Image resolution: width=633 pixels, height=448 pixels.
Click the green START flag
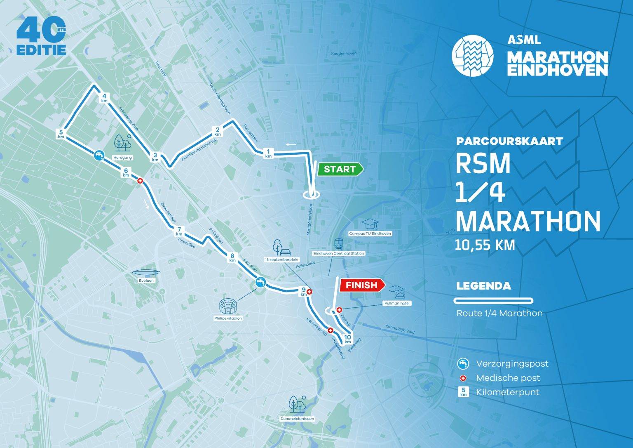(x=340, y=169)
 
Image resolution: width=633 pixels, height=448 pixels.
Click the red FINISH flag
(x=361, y=285)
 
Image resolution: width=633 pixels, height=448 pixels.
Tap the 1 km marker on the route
(x=269, y=153)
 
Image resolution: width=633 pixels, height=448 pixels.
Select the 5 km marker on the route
(x=61, y=134)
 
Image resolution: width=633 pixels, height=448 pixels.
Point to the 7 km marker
(x=179, y=231)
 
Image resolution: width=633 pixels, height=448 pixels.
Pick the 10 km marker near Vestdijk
(x=347, y=339)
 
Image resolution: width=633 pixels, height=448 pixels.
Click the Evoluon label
(x=146, y=281)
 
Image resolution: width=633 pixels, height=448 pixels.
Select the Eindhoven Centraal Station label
(x=339, y=253)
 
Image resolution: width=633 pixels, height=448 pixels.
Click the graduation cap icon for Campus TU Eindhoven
(x=370, y=224)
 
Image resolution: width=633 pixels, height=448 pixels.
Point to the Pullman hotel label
(x=397, y=303)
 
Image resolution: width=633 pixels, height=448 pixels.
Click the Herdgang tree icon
(x=122, y=142)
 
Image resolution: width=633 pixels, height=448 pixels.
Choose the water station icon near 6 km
(x=98, y=155)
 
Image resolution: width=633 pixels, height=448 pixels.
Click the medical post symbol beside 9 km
(x=310, y=292)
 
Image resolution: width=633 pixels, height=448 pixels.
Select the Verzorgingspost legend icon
(x=463, y=363)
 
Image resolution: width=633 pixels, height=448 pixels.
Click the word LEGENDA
(x=483, y=286)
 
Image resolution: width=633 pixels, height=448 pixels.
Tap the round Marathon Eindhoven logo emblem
(x=472, y=55)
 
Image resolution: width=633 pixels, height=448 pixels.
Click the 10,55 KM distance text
(x=485, y=245)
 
